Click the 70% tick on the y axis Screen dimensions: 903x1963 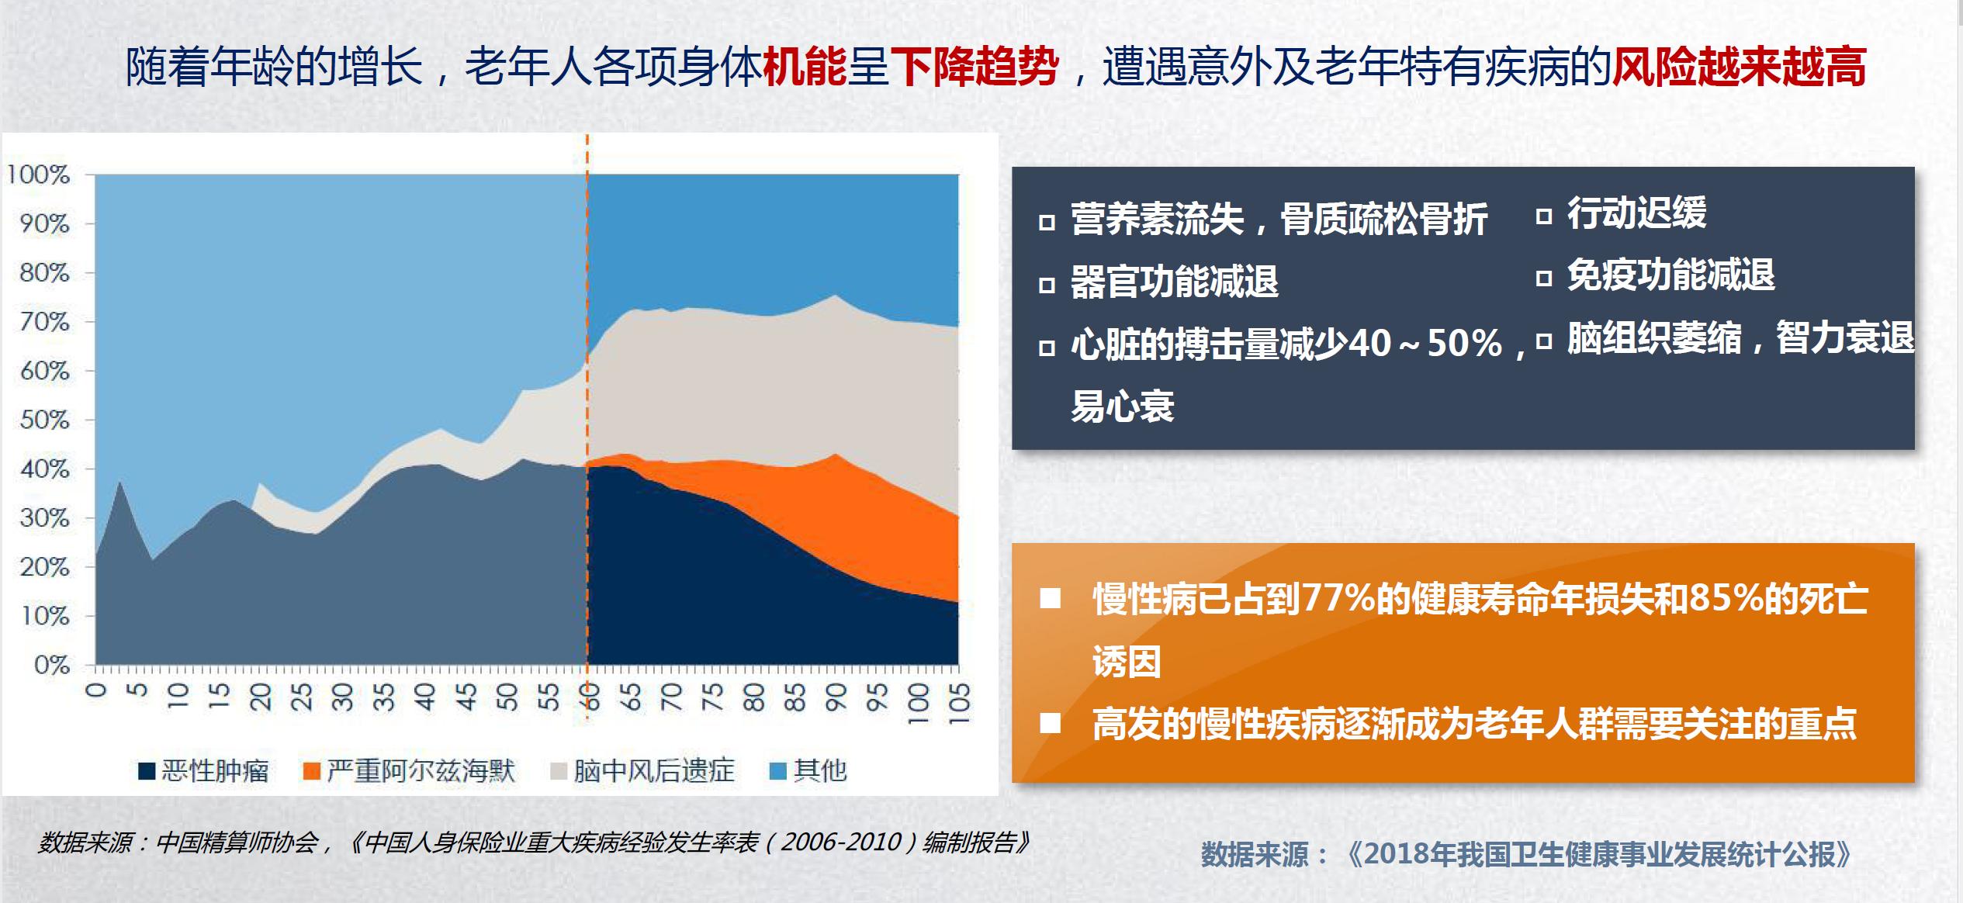click(44, 322)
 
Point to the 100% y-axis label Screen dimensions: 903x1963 click(38, 175)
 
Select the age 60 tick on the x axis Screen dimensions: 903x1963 click(590, 697)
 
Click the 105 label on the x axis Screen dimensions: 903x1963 click(959, 703)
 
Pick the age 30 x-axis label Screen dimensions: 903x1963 click(341, 697)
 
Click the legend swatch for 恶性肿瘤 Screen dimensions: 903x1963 click(147, 771)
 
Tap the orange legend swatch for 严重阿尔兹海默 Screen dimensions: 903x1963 click(312, 771)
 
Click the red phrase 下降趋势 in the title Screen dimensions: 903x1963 click(975, 67)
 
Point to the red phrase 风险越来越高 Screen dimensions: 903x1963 click(1739, 67)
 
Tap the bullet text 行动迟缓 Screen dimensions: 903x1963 click(1637, 213)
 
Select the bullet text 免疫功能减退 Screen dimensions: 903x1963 click(1670, 275)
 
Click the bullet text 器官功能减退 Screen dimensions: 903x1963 click(1174, 282)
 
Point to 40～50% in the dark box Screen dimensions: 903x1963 click(1426, 344)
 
